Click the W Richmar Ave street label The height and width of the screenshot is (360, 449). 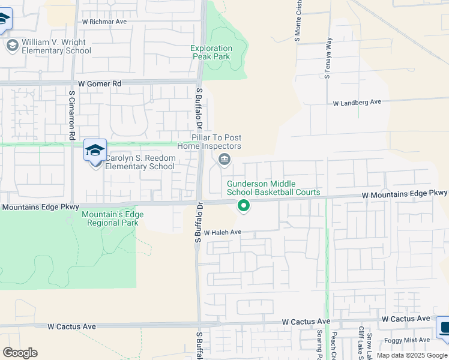[104, 22]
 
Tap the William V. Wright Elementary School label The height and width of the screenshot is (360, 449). [56, 47]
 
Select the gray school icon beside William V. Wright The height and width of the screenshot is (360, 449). [12, 46]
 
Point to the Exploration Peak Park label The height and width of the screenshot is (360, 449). [211, 53]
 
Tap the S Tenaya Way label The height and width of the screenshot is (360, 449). [328, 59]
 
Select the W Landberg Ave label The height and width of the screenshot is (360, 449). [357, 103]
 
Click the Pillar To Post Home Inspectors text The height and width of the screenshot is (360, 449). [209, 142]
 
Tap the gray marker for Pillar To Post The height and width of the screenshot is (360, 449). [224, 159]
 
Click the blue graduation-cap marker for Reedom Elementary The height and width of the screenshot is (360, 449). [95, 151]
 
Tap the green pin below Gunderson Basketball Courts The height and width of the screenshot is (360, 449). [244, 206]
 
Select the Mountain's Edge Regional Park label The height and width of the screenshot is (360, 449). [110, 219]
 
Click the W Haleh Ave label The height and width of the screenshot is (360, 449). [222, 232]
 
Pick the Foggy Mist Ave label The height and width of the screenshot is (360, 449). [408, 340]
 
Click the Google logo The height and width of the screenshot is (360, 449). [20, 353]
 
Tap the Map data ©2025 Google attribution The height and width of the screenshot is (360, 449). [412, 355]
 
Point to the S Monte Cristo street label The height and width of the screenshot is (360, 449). [297, 20]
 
